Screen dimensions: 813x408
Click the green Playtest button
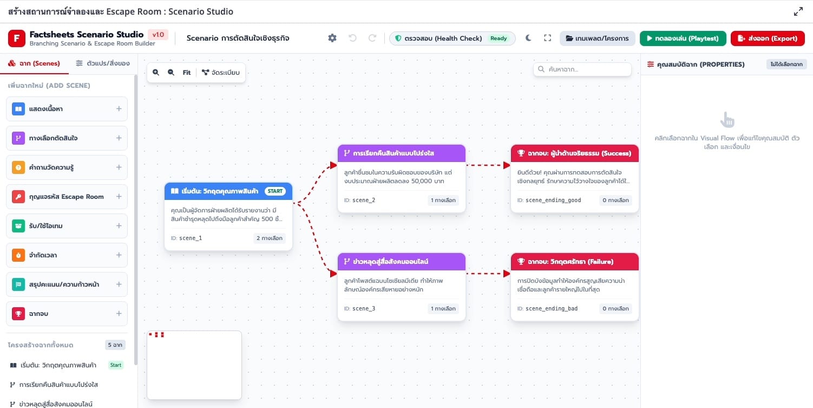click(683, 38)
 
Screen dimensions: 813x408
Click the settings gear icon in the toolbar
click(332, 38)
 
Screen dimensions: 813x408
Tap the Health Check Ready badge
click(499, 38)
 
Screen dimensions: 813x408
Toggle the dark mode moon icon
click(528, 38)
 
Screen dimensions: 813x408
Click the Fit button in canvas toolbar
click(187, 72)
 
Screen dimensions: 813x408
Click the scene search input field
click(582, 69)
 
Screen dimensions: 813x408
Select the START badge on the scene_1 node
click(275, 191)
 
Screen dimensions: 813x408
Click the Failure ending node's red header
click(574, 262)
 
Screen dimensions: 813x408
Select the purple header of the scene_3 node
click(402, 262)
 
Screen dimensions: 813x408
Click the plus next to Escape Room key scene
click(119, 197)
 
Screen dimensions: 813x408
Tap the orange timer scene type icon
click(18, 255)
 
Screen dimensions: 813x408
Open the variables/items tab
click(103, 63)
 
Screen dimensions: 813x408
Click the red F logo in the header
click(17, 38)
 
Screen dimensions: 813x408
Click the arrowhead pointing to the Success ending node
click(507, 165)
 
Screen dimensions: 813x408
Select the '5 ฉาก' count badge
click(115, 345)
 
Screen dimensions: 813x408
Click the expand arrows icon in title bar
click(798, 11)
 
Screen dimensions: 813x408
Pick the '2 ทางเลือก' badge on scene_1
click(270, 238)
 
